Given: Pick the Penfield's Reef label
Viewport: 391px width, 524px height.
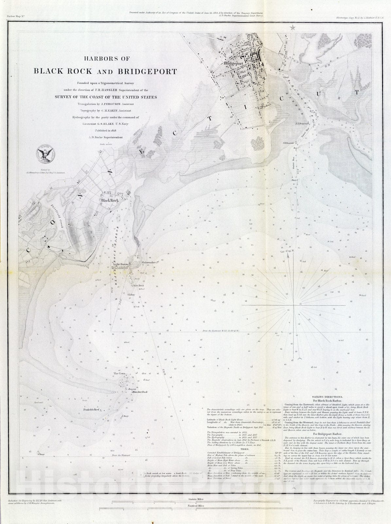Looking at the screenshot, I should click(x=93, y=409).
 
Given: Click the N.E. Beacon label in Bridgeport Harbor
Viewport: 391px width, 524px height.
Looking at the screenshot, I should click(x=296, y=128).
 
